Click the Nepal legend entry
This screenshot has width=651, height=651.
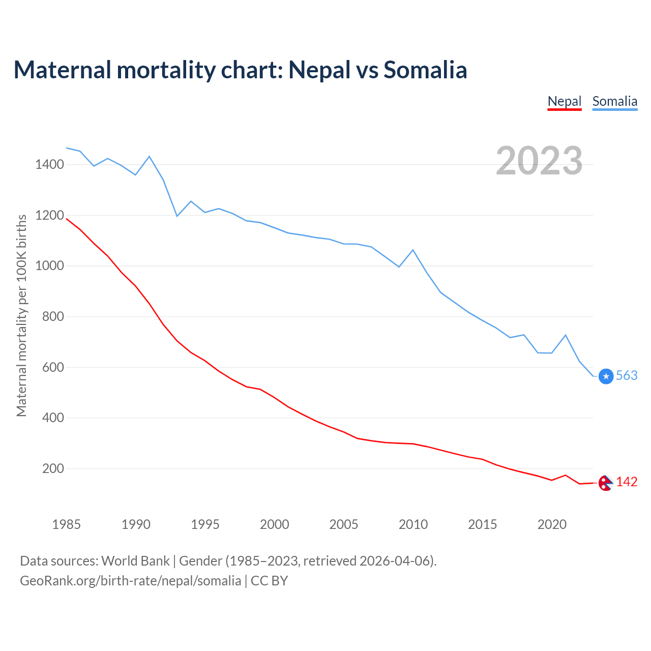pyautogui.click(x=564, y=101)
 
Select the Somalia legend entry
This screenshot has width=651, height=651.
pyautogui.click(x=614, y=101)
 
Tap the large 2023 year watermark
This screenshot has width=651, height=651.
pyautogui.click(x=539, y=161)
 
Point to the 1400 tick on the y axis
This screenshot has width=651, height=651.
pyautogui.click(x=49, y=164)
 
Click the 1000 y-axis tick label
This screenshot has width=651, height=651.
pyautogui.click(x=49, y=265)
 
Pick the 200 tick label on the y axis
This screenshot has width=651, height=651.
pyautogui.click(x=53, y=468)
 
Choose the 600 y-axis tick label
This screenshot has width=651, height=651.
pyautogui.click(x=53, y=367)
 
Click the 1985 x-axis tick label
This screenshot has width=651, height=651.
pyautogui.click(x=67, y=524)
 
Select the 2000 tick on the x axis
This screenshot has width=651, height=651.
pyautogui.click(x=275, y=524)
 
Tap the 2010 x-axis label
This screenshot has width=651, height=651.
pyautogui.click(x=413, y=524)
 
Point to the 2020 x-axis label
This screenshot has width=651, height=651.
pyautogui.click(x=552, y=524)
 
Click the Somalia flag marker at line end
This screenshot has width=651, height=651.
pyautogui.click(x=606, y=376)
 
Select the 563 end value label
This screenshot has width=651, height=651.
pyautogui.click(x=627, y=376)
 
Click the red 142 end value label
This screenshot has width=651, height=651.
pyautogui.click(x=627, y=482)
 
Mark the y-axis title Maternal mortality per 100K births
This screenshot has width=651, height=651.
pyautogui.click(x=21, y=315)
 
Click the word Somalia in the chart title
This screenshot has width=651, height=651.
pyautogui.click(x=425, y=70)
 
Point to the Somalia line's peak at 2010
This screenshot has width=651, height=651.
pyautogui.click(x=413, y=250)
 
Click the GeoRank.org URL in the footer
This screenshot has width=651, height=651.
pyautogui.click(x=131, y=581)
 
